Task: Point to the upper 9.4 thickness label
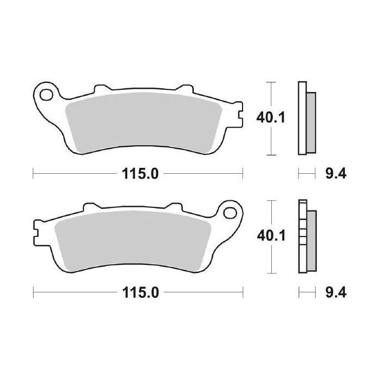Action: (335, 174)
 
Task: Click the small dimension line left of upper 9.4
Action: (306, 174)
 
